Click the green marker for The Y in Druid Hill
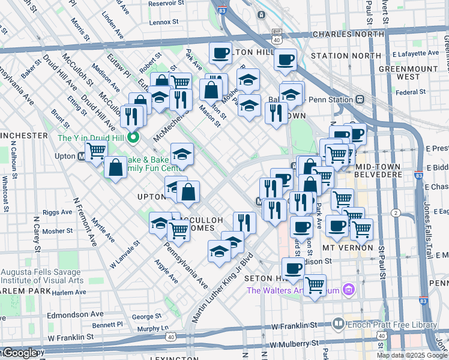134,138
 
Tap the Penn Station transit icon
360,99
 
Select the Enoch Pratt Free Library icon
339,325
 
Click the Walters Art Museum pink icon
351,290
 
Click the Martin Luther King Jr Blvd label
221,289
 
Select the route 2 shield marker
396,213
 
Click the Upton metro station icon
80,157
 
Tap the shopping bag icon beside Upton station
115,167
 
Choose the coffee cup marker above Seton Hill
292,269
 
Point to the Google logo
19,353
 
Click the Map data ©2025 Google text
412,355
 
